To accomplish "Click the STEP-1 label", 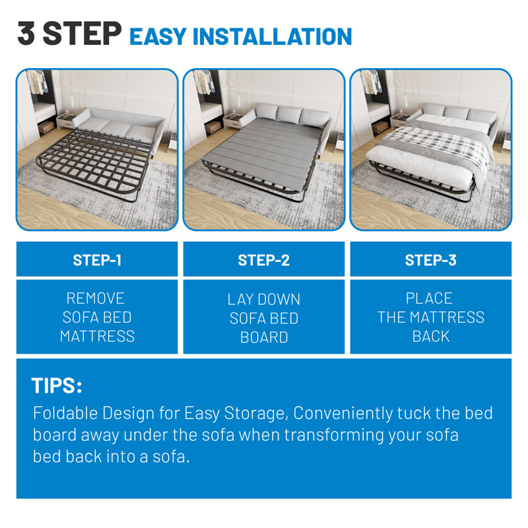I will pyautogui.click(x=97, y=260).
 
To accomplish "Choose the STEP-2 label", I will pyautogui.click(x=264, y=260).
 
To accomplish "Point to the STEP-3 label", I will pyautogui.click(x=430, y=260).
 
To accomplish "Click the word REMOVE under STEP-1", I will pyautogui.click(x=96, y=298).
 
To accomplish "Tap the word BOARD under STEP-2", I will pyautogui.click(x=264, y=337).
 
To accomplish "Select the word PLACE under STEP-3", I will pyautogui.click(x=429, y=298).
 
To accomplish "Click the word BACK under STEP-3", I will pyautogui.click(x=430, y=336).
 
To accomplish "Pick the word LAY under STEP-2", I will pyautogui.click(x=240, y=299).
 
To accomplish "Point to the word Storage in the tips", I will pyautogui.click(x=254, y=414).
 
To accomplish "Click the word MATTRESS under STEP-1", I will pyautogui.click(x=97, y=337).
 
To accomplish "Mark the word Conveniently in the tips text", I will pyautogui.click(x=342, y=414).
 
